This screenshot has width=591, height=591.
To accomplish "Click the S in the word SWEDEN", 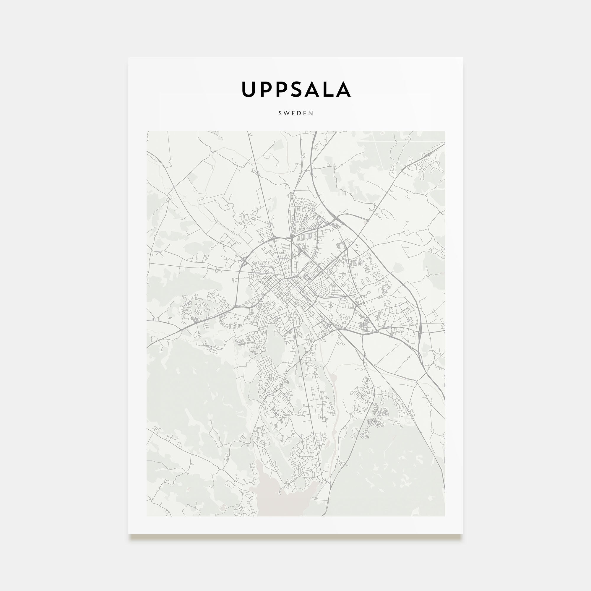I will (280, 113).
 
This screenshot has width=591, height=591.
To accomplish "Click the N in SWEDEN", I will (311, 113).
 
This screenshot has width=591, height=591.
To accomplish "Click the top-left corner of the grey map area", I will (147, 131).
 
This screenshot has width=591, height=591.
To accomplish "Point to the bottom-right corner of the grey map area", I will (444, 516).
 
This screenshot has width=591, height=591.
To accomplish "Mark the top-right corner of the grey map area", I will (444, 131).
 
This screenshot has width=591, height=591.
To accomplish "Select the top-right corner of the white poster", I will (462, 58).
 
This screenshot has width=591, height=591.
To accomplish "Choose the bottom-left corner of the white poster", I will (129, 534).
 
